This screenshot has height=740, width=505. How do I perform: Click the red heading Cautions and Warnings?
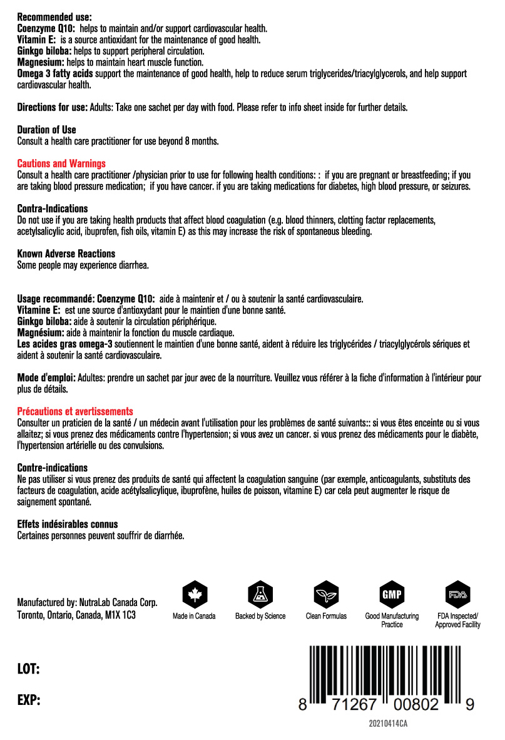point(61,163)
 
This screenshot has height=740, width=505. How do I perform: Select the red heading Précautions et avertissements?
point(75,411)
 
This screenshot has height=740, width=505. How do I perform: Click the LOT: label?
point(29,670)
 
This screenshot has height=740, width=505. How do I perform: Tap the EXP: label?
point(29,700)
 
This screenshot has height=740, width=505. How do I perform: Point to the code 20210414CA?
point(388,724)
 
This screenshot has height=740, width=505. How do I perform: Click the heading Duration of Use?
point(46,130)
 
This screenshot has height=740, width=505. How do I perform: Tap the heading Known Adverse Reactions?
point(66,254)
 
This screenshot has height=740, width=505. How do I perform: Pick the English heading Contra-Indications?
point(53,208)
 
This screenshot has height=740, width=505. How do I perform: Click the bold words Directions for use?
point(53,107)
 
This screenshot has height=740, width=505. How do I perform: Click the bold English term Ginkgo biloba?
point(44,51)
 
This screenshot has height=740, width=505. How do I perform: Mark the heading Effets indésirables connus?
point(68,524)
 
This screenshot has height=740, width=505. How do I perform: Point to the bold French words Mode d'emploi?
point(46,378)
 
